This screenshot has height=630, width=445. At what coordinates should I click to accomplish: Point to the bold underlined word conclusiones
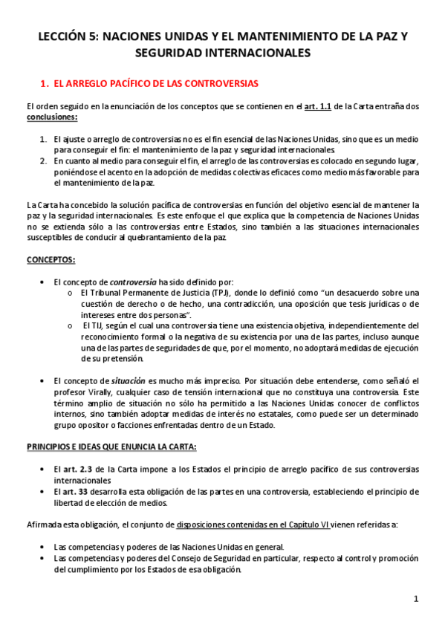point(51,117)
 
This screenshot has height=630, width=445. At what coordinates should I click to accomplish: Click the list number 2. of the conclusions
point(43,161)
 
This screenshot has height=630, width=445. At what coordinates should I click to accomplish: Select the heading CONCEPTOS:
point(50,259)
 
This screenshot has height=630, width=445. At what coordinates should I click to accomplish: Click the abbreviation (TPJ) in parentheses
point(198,293)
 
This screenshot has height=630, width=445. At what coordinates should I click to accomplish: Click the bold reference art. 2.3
point(77,470)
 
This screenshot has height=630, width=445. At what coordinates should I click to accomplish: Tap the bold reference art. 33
point(74,492)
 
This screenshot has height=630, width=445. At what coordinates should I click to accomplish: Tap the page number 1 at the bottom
point(417,598)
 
